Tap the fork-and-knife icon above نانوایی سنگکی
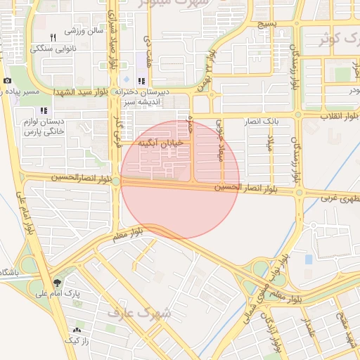53,37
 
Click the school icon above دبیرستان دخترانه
141,81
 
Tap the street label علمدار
307,329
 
